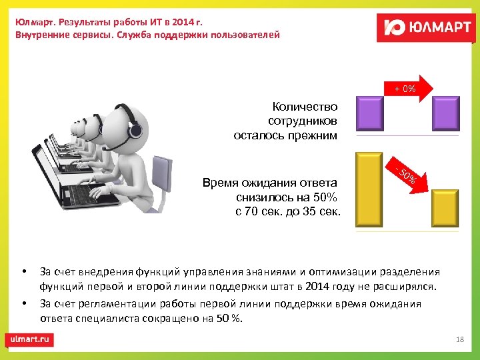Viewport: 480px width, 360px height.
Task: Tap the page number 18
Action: click(459, 340)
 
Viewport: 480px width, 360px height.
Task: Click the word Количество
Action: click(305, 107)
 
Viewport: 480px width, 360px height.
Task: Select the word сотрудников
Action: click(303, 121)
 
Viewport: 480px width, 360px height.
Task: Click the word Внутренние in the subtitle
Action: click(41, 34)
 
